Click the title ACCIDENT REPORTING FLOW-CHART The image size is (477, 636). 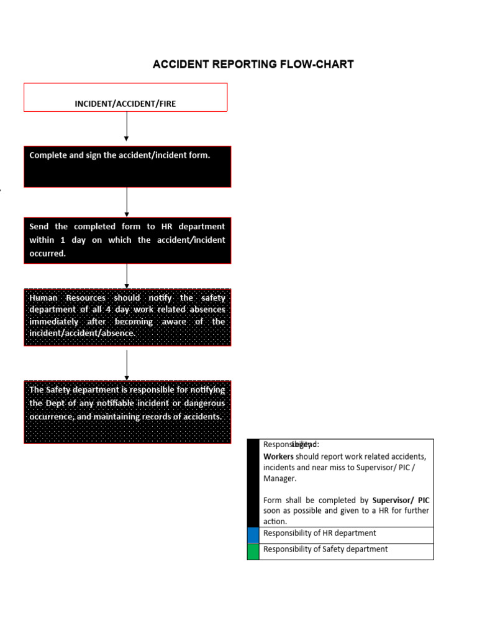point(253,65)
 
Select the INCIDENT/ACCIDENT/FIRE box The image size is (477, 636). point(125,98)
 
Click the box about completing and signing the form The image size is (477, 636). point(127,166)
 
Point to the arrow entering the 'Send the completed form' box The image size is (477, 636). point(127,202)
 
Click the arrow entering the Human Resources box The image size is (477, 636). point(127,276)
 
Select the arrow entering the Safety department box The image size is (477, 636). point(127,365)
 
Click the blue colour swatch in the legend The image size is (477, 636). point(253,535)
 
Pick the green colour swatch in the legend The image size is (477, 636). point(253,552)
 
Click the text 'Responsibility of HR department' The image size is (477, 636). point(319,534)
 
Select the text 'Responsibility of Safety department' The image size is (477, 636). point(325,550)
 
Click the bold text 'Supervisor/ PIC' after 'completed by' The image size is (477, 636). point(401,500)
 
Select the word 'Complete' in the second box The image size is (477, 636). point(48,155)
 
